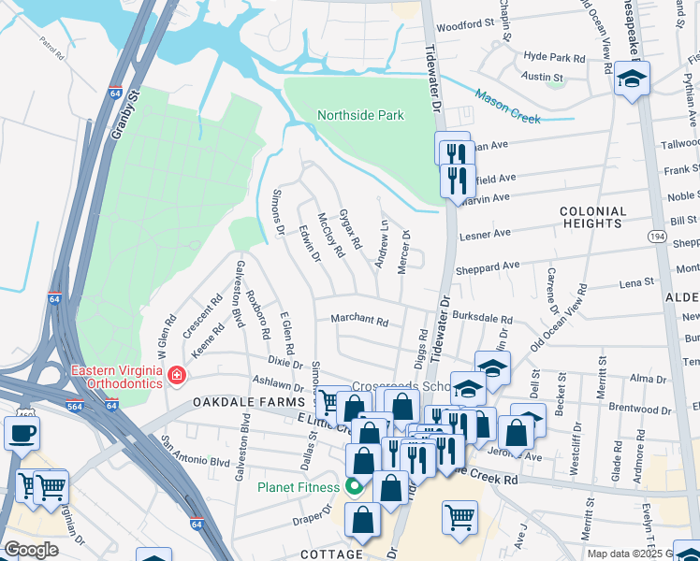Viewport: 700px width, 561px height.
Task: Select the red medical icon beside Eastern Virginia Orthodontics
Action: [176, 376]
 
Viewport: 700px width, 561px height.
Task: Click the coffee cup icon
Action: [22, 433]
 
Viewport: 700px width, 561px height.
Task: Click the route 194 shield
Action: [657, 239]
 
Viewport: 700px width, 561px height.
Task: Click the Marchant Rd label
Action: [359, 320]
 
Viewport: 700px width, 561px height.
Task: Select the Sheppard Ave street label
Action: [486, 266]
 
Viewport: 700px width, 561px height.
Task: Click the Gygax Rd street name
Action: [350, 229]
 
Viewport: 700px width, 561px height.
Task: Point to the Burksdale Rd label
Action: [482, 319]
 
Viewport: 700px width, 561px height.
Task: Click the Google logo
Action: [31, 550]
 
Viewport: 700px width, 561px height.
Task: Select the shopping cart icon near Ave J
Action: [459, 517]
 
